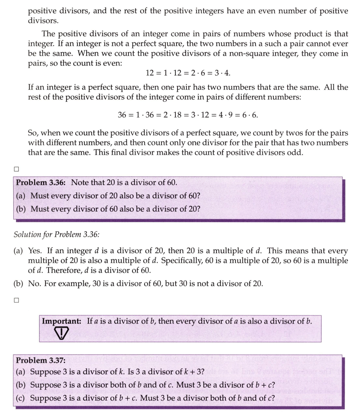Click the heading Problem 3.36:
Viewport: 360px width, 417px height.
tap(41, 182)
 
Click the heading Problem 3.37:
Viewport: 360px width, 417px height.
tap(40, 360)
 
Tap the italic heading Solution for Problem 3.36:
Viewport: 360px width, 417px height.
tap(57, 235)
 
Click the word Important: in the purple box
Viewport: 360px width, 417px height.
tap(62, 321)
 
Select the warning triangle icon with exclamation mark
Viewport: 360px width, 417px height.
tap(60, 332)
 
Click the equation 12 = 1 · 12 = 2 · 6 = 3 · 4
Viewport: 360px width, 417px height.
tap(190, 72)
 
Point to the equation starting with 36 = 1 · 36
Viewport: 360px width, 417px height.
tap(188, 115)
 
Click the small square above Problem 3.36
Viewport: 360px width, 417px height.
tap(16, 169)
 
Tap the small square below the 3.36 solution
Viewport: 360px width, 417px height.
tap(16, 300)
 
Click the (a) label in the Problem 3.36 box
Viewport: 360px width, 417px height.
tap(21, 196)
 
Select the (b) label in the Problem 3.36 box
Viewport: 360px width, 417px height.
tap(21, 209)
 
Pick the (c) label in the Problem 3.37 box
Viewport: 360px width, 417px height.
tap(21, 398)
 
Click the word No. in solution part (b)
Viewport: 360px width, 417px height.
tap(35, 284)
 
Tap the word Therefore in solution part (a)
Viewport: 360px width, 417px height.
tap(54, 270)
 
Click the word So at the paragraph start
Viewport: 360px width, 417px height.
tap(33, 133)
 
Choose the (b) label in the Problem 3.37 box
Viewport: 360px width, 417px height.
tap(21, 385)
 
